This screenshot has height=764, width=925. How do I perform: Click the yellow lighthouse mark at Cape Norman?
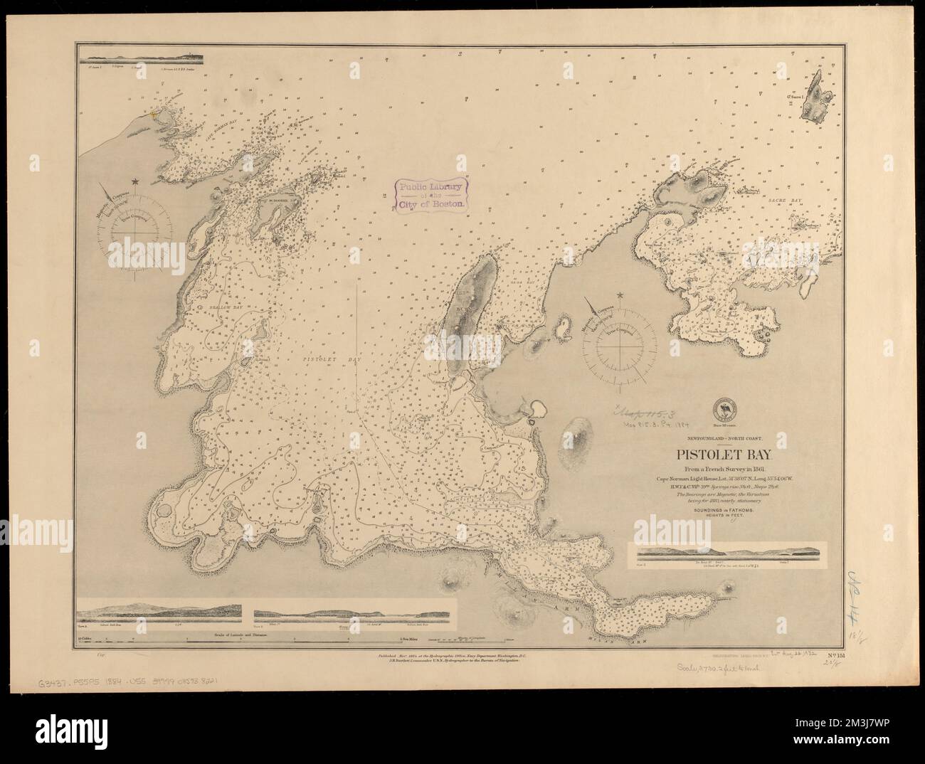pyautogui.click(x=152, y=110)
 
